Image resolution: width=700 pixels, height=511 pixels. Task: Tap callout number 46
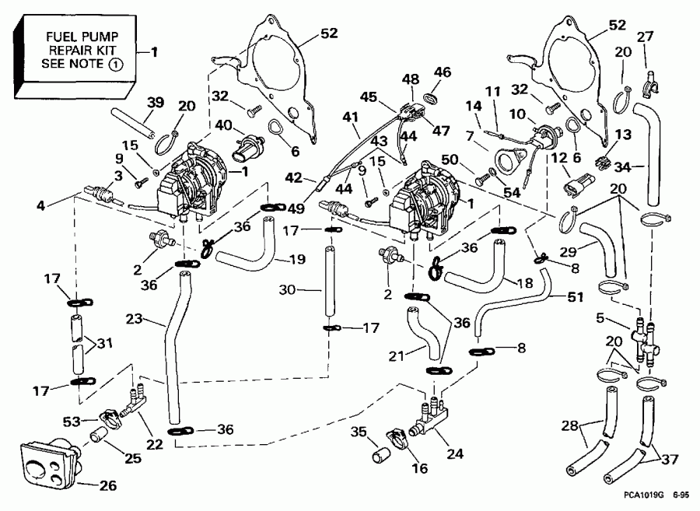coord(443,72)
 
